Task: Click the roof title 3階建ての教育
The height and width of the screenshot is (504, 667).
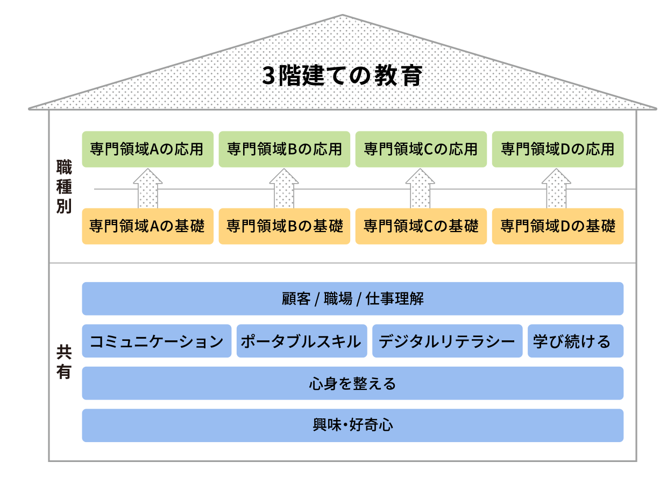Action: coord(342,75)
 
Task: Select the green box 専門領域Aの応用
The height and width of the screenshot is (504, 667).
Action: coord(147,149)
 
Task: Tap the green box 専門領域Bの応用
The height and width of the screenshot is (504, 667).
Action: coord(284,149)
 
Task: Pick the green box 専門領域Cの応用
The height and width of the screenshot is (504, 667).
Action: coord(420,149)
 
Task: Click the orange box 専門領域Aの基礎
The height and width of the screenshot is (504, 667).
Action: coord(147,226)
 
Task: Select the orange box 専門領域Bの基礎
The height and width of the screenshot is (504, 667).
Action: coord(284,226)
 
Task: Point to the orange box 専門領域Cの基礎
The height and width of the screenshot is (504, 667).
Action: coord(420,226)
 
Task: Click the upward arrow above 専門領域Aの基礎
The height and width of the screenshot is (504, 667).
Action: coord(147,188)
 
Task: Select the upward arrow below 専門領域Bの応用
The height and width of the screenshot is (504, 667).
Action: coord(283,188)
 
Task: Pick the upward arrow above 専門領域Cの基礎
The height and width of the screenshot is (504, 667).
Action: coord(420,188)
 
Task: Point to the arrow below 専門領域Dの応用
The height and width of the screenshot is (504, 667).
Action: coord(556,188)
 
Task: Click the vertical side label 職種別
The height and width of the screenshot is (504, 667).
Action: coord(64,186)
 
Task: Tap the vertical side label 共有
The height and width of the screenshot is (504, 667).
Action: coord(64,361)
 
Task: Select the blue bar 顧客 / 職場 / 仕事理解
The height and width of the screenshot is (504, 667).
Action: coord(352,298)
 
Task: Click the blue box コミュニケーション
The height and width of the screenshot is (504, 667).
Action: coord(157,340)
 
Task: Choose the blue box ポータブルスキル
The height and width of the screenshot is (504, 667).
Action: coord(301,340)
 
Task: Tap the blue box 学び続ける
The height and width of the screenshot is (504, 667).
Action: coord(574,340)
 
